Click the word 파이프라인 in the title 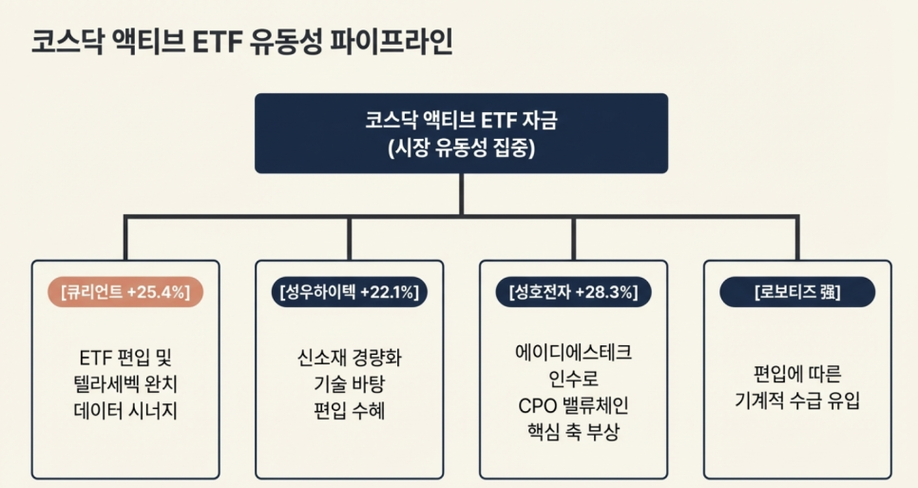(x=390, y=42)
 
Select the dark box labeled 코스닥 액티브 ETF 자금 (x=461, y=132)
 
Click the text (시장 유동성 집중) (x=461, y=147)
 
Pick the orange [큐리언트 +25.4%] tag (x=125, y=292)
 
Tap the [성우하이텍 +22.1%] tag (x=350, y=292)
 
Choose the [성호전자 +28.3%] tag (x=573, y=292)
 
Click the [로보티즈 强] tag (x=796, y=292)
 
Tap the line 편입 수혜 (x=350, y=412)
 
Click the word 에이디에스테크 (x=573, y=352)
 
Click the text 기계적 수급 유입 (x=796, y=400)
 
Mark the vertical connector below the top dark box (x=461, y=194)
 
